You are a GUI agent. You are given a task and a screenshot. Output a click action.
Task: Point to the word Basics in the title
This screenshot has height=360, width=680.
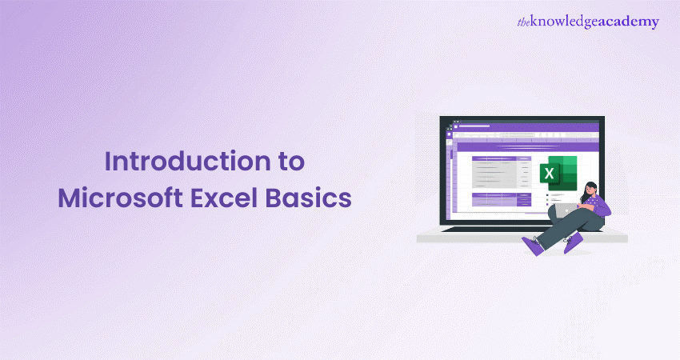(308, 198)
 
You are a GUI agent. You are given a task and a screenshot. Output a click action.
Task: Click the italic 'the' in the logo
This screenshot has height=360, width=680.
(523, 22)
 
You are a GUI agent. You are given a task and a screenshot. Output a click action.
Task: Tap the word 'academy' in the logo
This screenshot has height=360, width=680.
(628, 22)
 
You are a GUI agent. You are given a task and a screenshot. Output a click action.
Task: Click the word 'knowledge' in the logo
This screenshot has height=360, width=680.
(564, 22)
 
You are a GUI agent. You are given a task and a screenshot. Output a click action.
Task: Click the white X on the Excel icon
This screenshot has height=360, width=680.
(549, 174)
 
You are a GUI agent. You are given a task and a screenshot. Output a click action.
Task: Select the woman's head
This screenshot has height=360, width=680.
(590, 190)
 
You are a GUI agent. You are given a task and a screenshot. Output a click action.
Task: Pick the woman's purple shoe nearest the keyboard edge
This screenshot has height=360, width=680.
(573, 242)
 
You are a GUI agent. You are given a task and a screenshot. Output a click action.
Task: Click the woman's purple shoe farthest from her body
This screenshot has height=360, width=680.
(533, 246)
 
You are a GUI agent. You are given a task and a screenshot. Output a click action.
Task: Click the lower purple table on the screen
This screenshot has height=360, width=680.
(502, 199)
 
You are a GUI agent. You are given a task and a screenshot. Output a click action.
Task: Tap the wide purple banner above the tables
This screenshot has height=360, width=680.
(528, 147)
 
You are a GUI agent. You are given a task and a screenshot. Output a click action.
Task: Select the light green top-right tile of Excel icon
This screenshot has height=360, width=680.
(570, 161)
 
